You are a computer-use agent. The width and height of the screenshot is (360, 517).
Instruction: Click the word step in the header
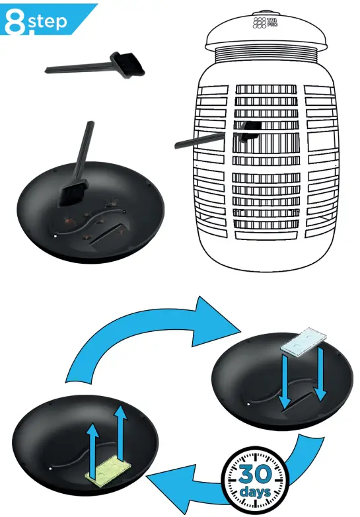[48, 21]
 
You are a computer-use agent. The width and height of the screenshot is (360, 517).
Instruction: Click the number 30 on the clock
[254, 474]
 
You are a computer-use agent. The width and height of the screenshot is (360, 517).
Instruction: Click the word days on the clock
[255, 493]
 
